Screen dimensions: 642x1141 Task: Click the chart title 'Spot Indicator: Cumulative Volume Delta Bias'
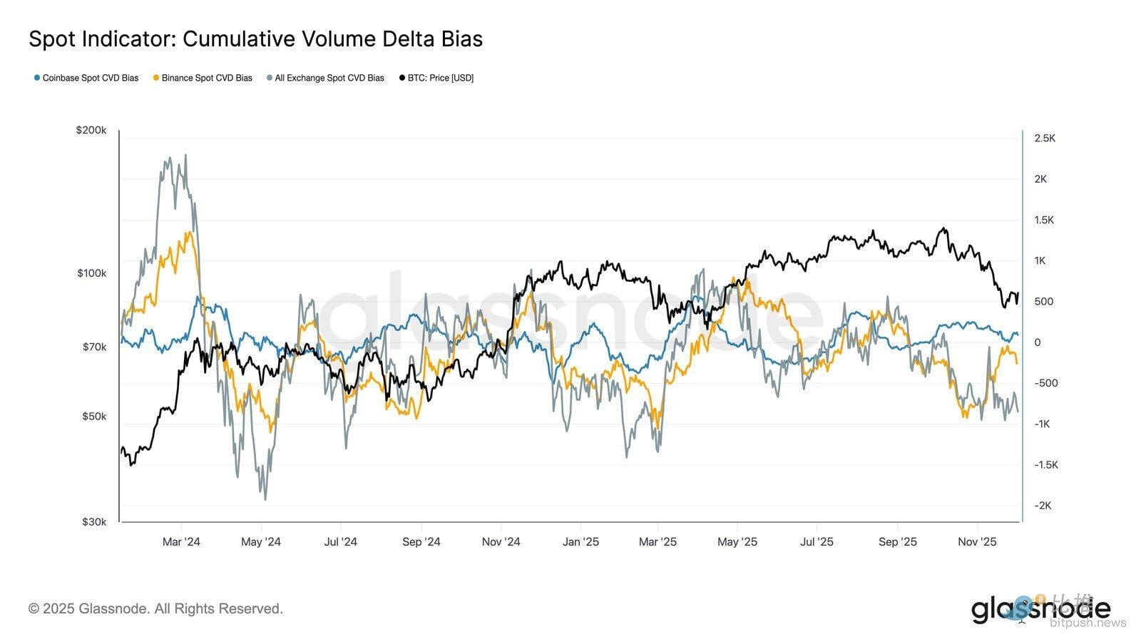[x=255, y=39]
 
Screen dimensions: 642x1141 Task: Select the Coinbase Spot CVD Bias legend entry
[x=86, y=78]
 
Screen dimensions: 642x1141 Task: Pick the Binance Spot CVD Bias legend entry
[x=203, y=78]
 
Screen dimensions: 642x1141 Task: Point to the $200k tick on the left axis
[x=91, y=131]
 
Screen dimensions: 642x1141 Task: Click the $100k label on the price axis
[x=91, y=273]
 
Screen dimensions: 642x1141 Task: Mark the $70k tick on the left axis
[x=94, y=347]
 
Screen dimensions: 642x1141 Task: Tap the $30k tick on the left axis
[x=94, y=522]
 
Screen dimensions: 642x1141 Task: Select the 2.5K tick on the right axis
[x=1045, y=138]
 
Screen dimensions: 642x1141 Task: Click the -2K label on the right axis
[x=1043, y=506]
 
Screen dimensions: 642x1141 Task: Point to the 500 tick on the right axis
[x=1043, y=302]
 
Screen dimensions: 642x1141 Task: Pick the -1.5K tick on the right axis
[x=1046, y=465]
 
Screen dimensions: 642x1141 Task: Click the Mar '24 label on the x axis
[x=181, y=542]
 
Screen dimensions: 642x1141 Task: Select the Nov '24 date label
[x=501, y=542]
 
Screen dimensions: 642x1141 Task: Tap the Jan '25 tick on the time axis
[x=580, y=542]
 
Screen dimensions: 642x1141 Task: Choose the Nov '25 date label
[x=977, y=542]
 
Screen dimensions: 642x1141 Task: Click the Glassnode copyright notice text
[x=155, y=609]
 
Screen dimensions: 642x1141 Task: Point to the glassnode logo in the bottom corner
[x=1040, y=610]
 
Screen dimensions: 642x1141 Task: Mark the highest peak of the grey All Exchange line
[x=185, y=155]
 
